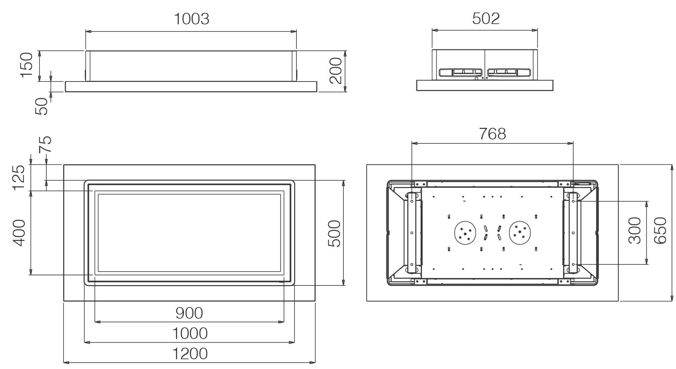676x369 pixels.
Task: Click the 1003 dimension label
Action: [192, 19]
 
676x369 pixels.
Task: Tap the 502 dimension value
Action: [486, 19]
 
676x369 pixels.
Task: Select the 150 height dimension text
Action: [27, 65]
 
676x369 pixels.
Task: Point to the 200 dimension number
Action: [336, 71]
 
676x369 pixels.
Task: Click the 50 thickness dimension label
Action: [42, 106]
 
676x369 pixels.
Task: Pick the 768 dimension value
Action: [492, 134]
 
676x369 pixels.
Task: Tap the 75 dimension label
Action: [45, 144]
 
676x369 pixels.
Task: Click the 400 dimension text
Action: [19, 233]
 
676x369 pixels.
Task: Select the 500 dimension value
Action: [334, 233]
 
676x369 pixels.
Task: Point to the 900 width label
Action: [189, 313]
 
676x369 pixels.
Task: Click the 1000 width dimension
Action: [190, 333]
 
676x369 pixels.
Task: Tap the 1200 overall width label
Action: [190, 354]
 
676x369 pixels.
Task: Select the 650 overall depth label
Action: [660, 230]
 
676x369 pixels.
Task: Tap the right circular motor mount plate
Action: [520, 233]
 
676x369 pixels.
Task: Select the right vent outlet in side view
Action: [509, 72]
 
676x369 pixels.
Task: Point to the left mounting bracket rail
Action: [412, 233]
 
